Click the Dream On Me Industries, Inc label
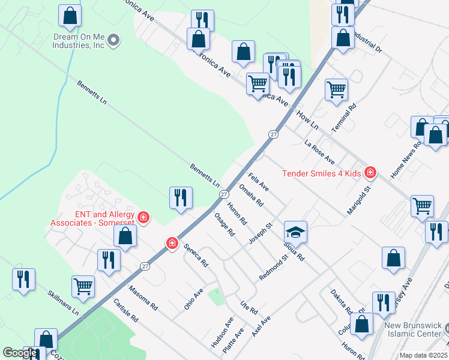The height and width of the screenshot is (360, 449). pyautogui.click(x=74, y=41)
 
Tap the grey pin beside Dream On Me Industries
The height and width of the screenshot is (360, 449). pyautogui.click(x=113, y=41)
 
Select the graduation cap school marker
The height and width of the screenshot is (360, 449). pyautogui.click(x=295, y=232)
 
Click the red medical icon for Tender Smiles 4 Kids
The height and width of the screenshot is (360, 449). pyautogui.click(x=370, y=173)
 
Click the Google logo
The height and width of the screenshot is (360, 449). pyautogui.click(x=20, y=353)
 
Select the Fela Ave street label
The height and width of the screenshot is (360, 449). pyautogui.click(x=258, y=182)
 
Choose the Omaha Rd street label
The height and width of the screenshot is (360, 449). pyautogui.click(x=251, y=195)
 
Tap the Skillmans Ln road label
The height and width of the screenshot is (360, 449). pyautogui.click(x=64, y=302)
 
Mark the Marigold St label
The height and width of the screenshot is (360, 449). pyautogui.click(x=360, y=200)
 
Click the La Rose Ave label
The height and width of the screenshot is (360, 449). pyautogui.click(x=319, y=152)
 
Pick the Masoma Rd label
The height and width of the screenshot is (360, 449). pyautogui.click(x=144, y=297)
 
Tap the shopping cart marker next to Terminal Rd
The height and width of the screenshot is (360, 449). pyautogui.click(x=336, y=89)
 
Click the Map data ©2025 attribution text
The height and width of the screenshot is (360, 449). pyautogui.click(x=424, y=355)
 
